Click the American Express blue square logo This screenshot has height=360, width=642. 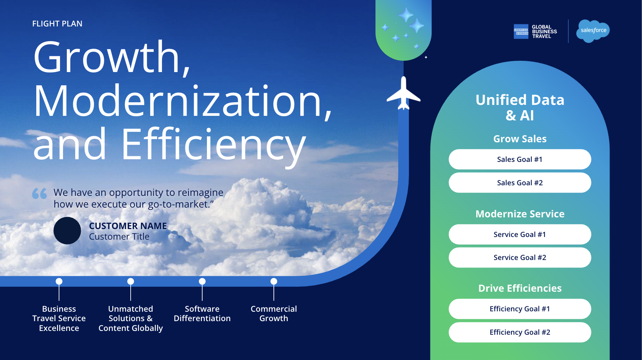521,31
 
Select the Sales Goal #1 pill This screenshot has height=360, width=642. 520,159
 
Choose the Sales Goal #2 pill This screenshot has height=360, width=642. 520,183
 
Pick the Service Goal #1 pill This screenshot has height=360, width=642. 520,234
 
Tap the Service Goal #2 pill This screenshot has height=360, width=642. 520,257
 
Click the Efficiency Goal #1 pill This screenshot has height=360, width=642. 520,309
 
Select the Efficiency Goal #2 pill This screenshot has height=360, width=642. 520,332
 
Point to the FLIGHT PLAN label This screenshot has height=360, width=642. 57,23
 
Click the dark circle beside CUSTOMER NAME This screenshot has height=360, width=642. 67,231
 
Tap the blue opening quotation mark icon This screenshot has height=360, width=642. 40,193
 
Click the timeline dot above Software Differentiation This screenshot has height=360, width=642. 202,281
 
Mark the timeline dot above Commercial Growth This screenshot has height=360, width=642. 274,281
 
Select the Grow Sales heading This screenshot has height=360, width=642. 520,139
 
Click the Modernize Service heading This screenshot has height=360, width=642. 520,214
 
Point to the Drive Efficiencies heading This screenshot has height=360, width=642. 520,288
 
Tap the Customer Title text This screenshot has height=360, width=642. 119,237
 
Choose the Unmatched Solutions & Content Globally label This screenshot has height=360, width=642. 131,318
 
